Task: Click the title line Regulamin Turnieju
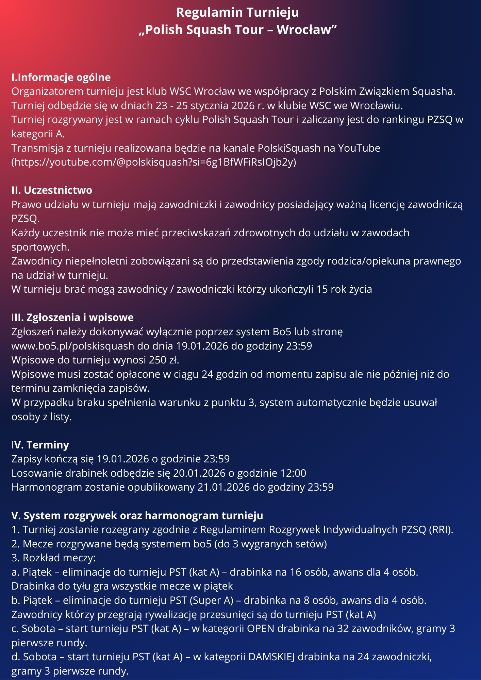(x=237, y=13)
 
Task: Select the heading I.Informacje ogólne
(x=61, y=78)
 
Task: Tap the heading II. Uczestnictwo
(x=52, y=190)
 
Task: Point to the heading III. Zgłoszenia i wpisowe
(x=72, y=317)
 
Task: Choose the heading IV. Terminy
(x=40, y=445)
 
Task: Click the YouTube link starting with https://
(x=154, y=162)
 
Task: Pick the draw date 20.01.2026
(x=199, y=473)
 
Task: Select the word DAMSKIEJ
(x=271, y=657)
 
